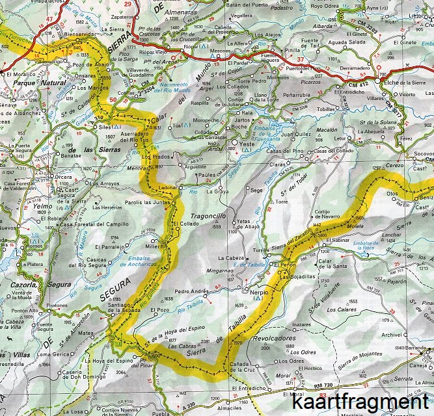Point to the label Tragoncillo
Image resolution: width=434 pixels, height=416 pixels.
[208, 216]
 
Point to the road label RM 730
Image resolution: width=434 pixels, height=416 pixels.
[325, 386]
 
